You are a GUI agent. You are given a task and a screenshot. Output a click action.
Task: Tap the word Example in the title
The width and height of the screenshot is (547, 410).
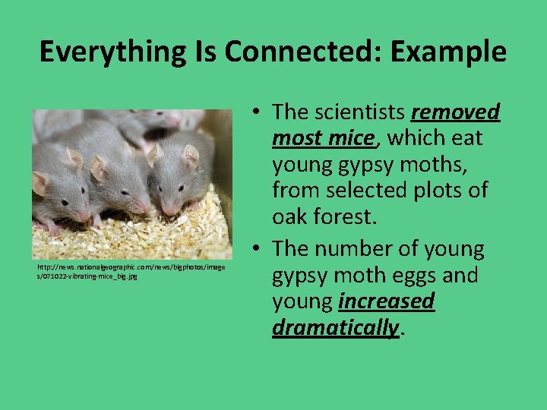pyautogui.click(x=447, y=52)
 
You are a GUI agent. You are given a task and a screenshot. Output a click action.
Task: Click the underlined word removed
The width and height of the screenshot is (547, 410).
pyautogui.click(x=456, y=112)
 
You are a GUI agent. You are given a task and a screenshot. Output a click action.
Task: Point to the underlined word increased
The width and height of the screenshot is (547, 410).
pyautogui.click(x=387, y=301)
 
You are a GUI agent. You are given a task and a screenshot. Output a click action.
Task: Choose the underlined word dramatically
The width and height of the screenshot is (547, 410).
pyautogui.click(x=335, y=327)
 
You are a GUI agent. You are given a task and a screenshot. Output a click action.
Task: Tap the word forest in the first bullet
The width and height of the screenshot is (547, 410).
pyautogui.click(x=340, y=216)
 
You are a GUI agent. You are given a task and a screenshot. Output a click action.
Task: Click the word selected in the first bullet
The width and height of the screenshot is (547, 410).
pyautogui.click(x=394, y=190)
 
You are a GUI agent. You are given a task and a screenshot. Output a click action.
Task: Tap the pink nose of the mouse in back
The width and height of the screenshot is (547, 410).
pyautogui.click(x=175, y=121)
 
